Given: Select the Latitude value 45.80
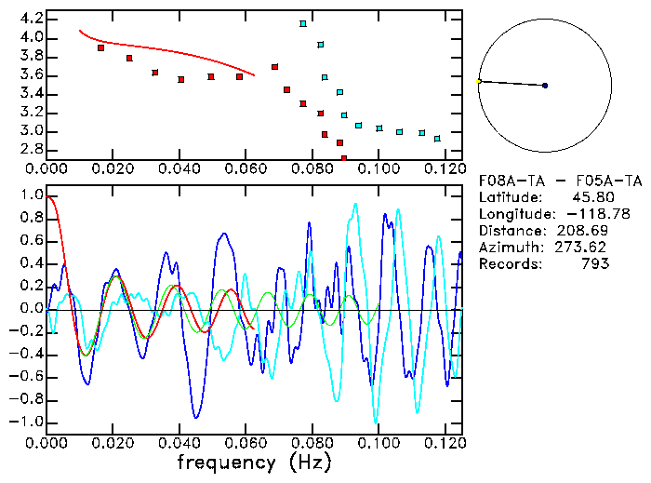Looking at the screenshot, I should [x=590, y=197].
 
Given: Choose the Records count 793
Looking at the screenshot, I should [x=595, y=264].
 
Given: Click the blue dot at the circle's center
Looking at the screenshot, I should [x=545, y=86].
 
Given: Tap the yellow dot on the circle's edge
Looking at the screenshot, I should [x=478, y=82].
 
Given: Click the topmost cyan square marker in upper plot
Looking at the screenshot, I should [x=303, y=23].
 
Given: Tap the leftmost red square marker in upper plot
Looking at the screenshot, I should [x=100, y=47].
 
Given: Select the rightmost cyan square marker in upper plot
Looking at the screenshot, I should [x=437, y=139].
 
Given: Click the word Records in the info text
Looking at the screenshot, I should [x=508, y=264].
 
